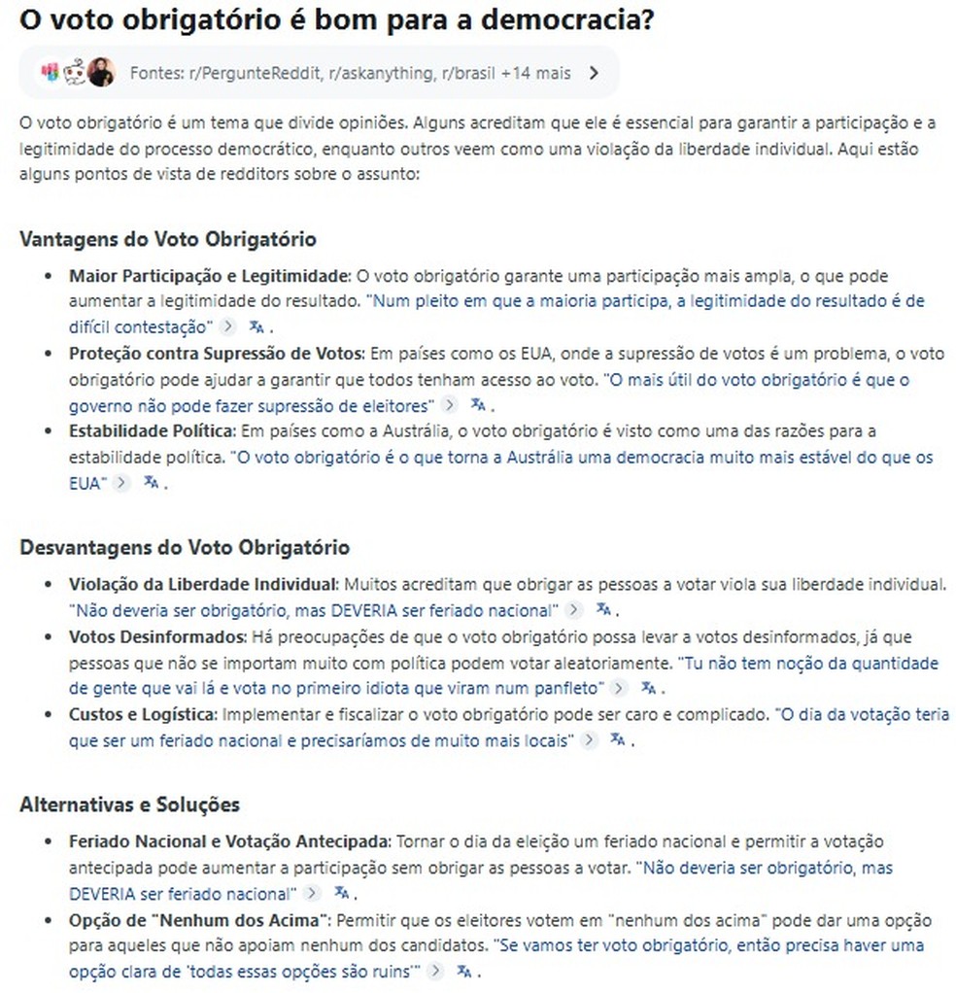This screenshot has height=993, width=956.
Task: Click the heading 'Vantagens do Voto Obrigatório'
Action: pyautogui.click(x=167, y=239)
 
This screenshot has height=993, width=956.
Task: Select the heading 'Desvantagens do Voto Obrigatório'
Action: pyautogui.click(x=185, y=547)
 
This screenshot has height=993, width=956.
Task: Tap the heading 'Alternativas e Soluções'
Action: pyautogui.click(x=129, y=805)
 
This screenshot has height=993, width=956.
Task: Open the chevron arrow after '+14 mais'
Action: pyautogui.click(x=595, y=72)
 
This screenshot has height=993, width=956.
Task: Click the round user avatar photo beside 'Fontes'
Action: pyautogui.click(x=101, y=72)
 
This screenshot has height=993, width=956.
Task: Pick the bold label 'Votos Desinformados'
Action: pyautogui.click(x=157, y=637)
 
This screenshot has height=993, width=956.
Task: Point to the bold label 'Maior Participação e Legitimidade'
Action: pyautogui.click(x=206, y=276)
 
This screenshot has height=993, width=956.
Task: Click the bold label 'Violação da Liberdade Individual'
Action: pyautogui.click(x=202, y=585)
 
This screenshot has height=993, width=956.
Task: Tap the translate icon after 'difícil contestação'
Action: pyautogui.click(x=256, y=326)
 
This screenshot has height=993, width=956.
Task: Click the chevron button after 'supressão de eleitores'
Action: pyautogui.click(x=449, y=405)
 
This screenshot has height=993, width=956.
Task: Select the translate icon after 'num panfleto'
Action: pyautogui.click(x=648, y=689)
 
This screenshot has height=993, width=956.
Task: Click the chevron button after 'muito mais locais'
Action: pyautogui.click(x=587, y=740)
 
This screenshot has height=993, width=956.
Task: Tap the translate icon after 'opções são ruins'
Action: pyautogui.click(x=464, y=971)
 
